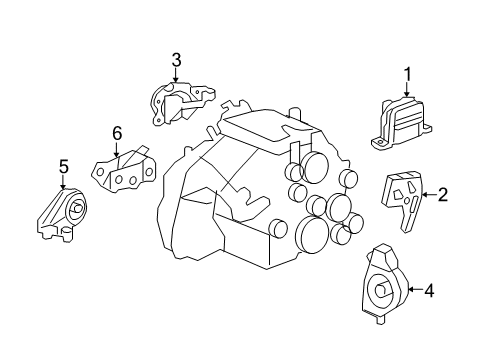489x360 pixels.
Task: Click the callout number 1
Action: click(407, 72)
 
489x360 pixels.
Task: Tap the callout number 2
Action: click(442, 195)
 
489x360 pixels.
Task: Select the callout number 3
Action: click(176, 60)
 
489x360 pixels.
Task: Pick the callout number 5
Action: click(62, 166)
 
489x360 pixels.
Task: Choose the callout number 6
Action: click(117, 132)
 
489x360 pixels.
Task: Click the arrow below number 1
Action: click(407, 89)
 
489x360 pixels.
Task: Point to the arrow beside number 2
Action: click(428, 195)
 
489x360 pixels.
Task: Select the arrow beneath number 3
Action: click(176, 77)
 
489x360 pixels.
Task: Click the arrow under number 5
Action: click(62, 182)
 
